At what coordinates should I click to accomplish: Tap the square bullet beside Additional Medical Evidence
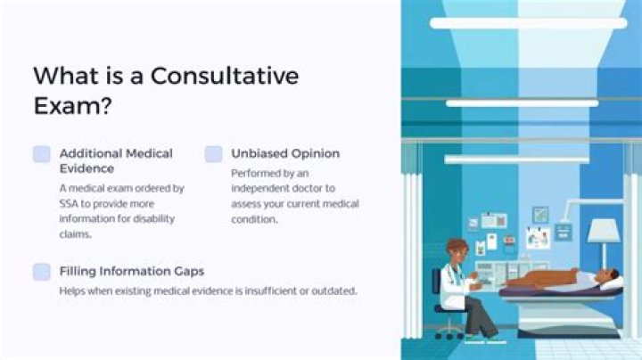(x=42, y=154)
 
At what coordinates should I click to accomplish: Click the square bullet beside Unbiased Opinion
(x=213, y=154)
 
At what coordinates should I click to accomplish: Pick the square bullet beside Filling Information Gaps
(x=42, y=272)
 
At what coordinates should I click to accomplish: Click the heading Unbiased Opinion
(x=284, y=153)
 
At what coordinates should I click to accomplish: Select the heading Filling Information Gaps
(x=132, y=271)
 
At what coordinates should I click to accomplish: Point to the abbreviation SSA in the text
(x=71, y=203)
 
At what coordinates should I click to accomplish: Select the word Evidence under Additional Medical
(x=87, y=168)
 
